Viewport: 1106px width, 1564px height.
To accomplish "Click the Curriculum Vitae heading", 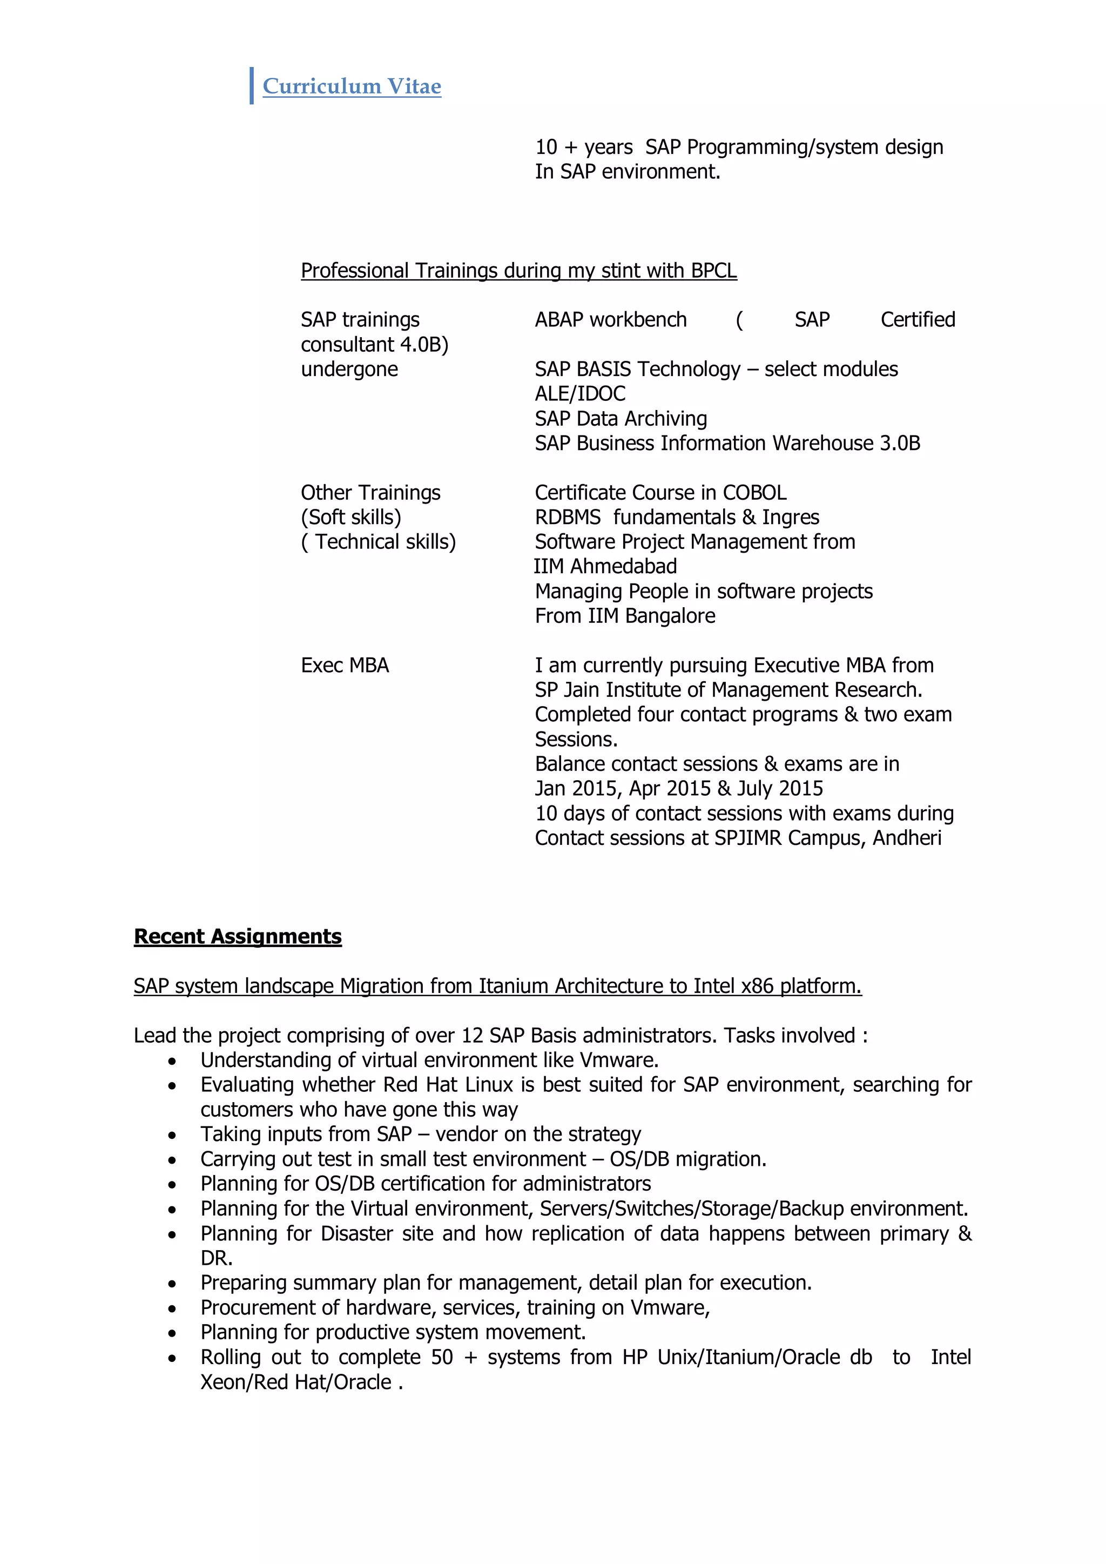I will [352, 86].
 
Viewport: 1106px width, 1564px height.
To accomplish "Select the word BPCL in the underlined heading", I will [713, 271].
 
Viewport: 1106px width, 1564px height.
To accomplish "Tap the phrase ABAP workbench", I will [610, 320].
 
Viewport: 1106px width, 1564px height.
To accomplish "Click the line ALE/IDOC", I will [579, 394].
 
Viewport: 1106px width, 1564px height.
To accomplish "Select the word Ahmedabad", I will [623, 567].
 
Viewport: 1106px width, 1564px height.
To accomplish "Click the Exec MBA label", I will [345, 666].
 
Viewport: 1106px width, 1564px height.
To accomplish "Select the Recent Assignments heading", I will [238, 937].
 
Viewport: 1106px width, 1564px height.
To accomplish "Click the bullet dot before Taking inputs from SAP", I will [172, 1136].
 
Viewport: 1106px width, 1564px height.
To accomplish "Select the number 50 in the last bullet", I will [441, 1357].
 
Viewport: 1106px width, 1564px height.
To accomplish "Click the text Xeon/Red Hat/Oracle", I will [295, 1382].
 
